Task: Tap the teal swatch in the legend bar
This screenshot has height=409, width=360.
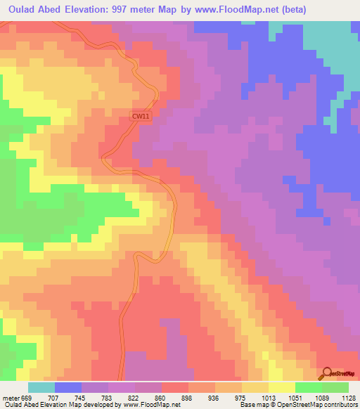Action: tap(41, 388)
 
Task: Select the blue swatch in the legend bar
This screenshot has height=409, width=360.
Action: tap(68, 388)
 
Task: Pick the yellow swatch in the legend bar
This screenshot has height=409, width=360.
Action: tap(282, 388)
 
